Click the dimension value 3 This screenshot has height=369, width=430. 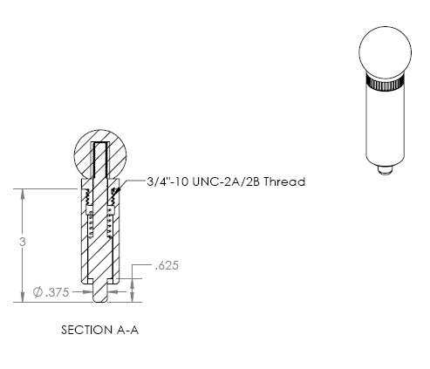[x=23, y=242]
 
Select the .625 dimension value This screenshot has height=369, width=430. [x=167, y=265]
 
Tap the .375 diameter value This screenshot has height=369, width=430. [x=58, y=292]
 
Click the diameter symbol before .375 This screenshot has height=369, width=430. [x=38, y=292]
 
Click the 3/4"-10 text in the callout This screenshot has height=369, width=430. [x=167, y=181]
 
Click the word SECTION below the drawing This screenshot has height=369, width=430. [x=86, y=330]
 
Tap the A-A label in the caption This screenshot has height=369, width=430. [x=127, y=330]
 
